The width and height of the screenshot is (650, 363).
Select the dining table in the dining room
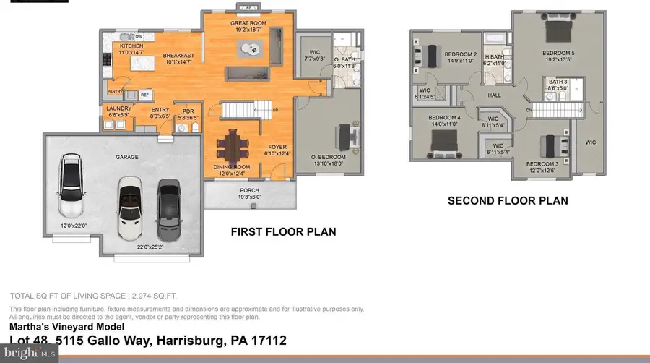[x=233, y=147]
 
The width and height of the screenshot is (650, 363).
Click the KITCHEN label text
[x=122, y=46]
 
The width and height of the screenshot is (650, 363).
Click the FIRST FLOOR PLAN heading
[x=283, y=232]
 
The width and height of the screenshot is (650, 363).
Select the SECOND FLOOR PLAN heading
[x=508, y=200]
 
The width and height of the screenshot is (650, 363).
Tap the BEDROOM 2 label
[x=460, y=54]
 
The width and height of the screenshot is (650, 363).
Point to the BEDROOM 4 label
[x=444, y=118]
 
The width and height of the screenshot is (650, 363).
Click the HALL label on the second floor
[x=494, y=95]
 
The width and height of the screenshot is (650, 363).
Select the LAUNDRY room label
[x=118, y=109]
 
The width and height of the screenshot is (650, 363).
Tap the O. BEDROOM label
[x=329, y=157]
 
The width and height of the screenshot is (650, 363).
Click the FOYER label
[x=277, y=147]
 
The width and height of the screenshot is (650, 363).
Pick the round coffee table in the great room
[x=251, y=48]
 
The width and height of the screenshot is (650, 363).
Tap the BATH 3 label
[x=558, y=82]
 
